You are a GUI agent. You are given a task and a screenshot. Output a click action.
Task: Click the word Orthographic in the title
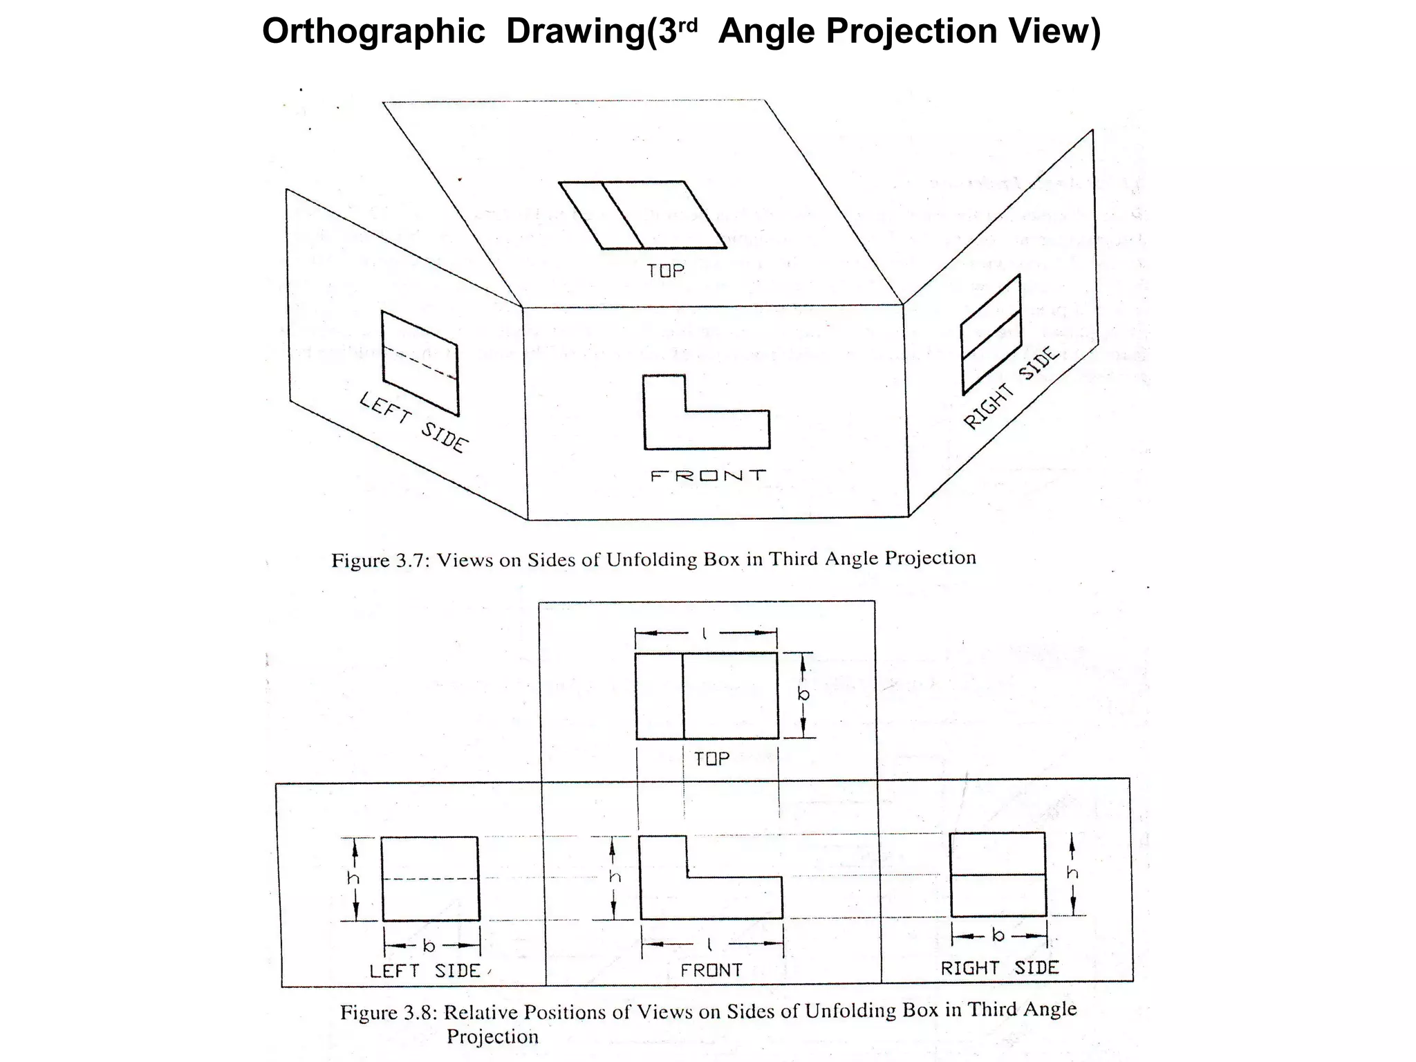coord(373,32)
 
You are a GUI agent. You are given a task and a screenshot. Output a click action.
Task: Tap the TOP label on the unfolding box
coord(665,270)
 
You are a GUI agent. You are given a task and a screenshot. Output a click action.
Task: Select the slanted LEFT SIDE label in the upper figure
coord(413,422)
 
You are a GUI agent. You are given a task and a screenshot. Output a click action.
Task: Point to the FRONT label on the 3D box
coord(709,476)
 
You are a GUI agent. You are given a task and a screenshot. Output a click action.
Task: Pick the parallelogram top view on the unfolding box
coord(643,215)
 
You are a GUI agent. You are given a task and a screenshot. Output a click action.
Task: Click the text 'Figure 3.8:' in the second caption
coord(389,1012)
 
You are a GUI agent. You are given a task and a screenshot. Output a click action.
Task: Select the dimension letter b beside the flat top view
coord(803,694)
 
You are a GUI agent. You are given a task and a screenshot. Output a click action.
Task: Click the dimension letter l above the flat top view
coord(705,633)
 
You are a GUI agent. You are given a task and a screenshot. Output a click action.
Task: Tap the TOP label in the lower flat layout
coord(711,758)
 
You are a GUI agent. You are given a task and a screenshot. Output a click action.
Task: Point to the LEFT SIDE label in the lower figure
coord(425,971)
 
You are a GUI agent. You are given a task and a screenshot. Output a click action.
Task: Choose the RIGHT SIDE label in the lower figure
coord(999,968)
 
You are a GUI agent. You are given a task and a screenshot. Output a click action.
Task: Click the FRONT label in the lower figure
coord(711,971)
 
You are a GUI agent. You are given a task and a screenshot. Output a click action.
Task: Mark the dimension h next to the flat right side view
coord(1072,873)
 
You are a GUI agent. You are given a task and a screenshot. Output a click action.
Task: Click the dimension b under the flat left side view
coord(429,946)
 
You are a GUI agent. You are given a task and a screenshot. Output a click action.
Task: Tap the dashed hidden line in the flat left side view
coord(430,879)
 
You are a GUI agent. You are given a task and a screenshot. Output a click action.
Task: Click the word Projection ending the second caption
coord(492,1037)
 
